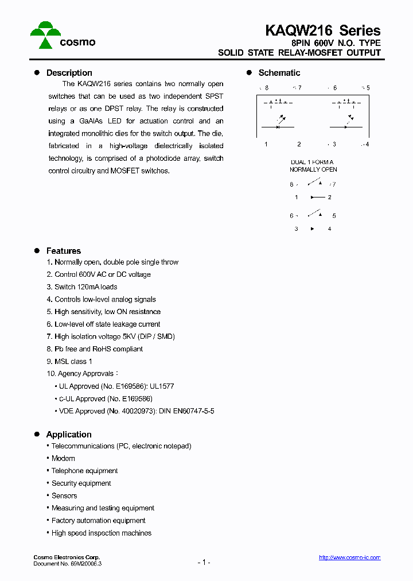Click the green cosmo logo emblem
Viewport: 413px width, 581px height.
tap(45, 34)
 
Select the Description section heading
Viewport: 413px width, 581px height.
tap(69, 73)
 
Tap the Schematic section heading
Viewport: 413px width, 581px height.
tap(279, 73)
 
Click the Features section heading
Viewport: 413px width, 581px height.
tap(63, 251)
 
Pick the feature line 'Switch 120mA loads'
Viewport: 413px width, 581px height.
tap(85, 287)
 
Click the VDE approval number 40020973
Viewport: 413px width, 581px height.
tap(137, 411)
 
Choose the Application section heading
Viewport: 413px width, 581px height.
tap(69, 435)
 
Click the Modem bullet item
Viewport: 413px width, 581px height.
tap(63, 458)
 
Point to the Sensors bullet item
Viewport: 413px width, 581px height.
tap(64, 495)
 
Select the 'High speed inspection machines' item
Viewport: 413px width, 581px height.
tap(102, 533)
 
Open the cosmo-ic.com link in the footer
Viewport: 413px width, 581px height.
tap(349, 557)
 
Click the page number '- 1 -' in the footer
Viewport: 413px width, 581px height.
tap(204, 562)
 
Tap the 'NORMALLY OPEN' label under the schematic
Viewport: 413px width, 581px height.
tap(313, 169)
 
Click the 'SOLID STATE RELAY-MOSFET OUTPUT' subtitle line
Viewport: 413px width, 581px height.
tap(299, 53)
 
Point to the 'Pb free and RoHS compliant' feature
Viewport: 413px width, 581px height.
tap(98, 349)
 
